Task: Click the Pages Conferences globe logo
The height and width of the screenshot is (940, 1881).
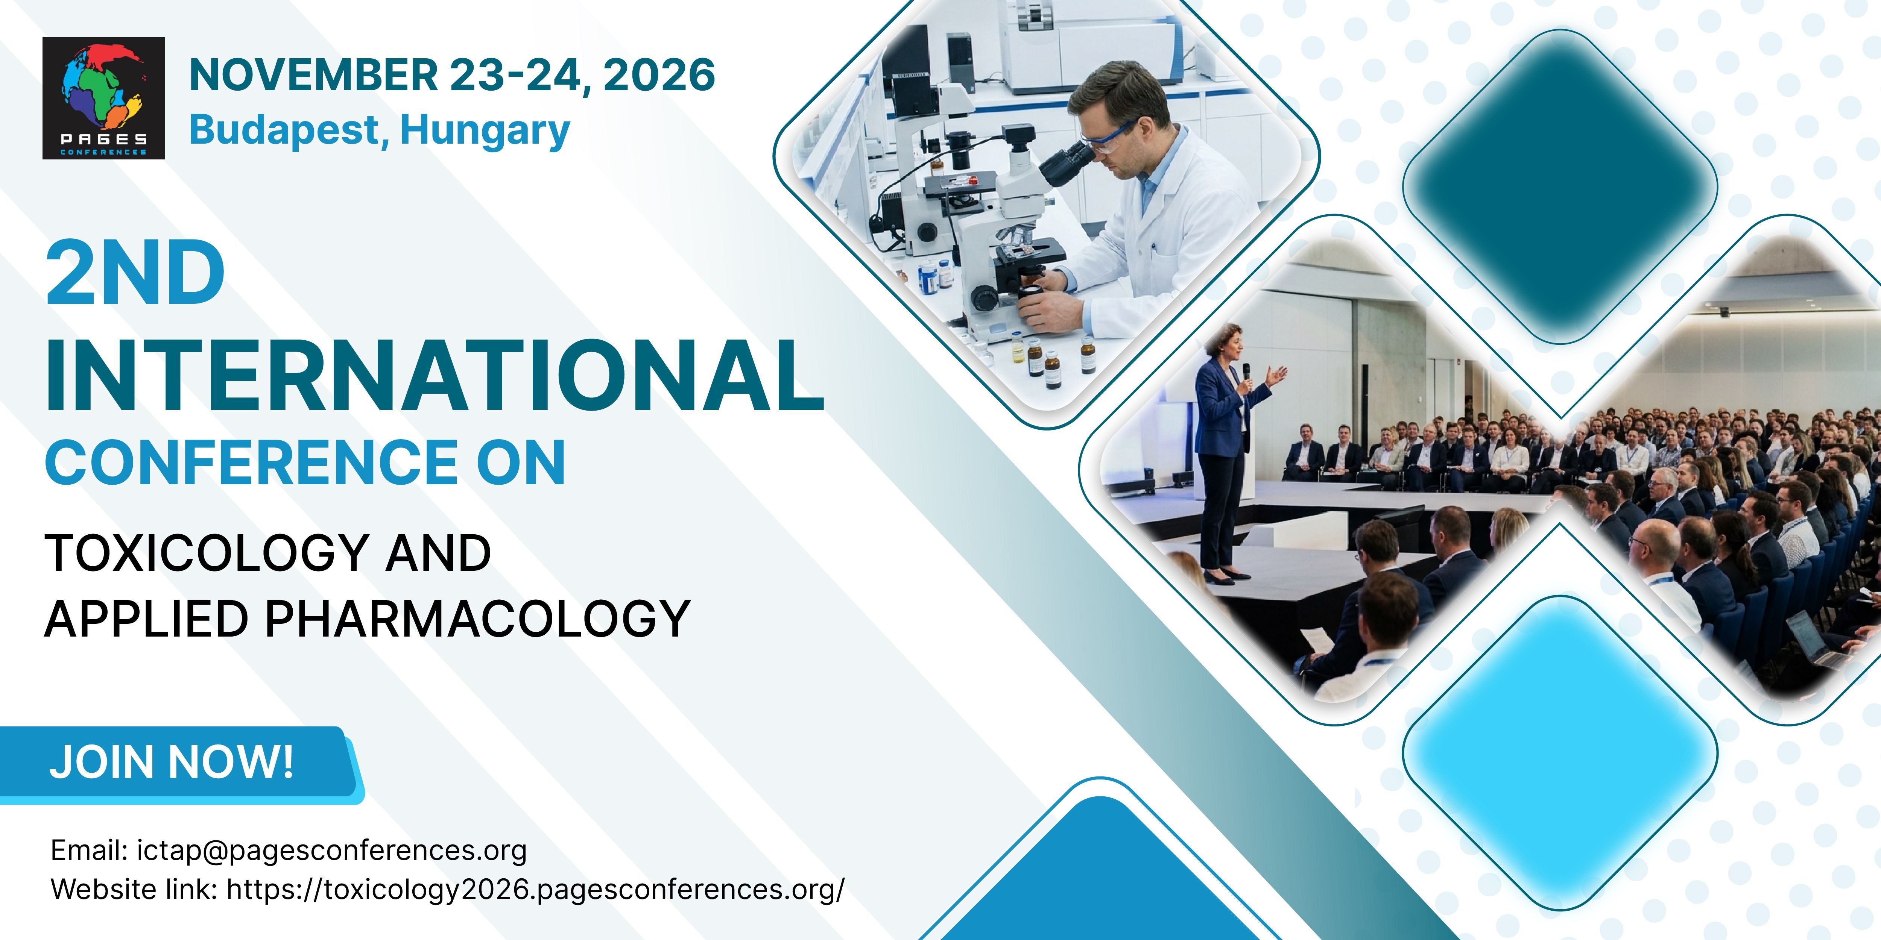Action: click(x=104, y=98)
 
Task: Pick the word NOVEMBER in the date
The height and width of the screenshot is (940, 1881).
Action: click(x=314, y=75)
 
